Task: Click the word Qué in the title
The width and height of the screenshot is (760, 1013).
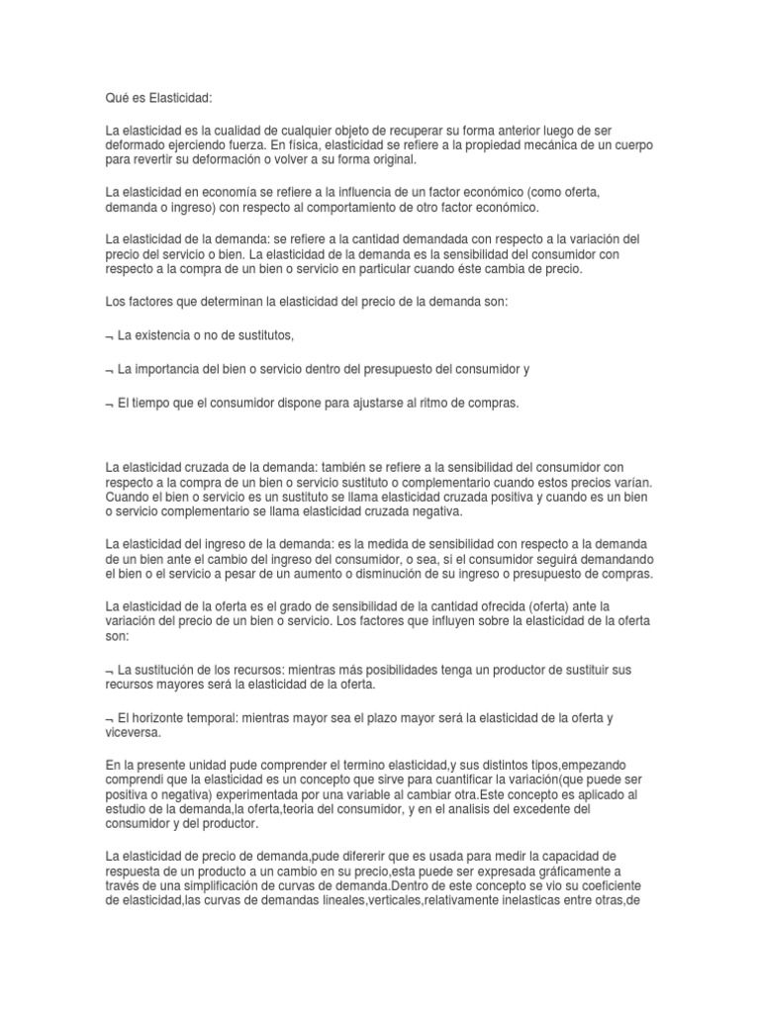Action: tap(118, 99)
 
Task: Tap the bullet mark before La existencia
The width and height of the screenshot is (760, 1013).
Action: tap(108, 337)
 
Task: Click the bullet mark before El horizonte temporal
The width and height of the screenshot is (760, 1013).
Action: tap(108, 719)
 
